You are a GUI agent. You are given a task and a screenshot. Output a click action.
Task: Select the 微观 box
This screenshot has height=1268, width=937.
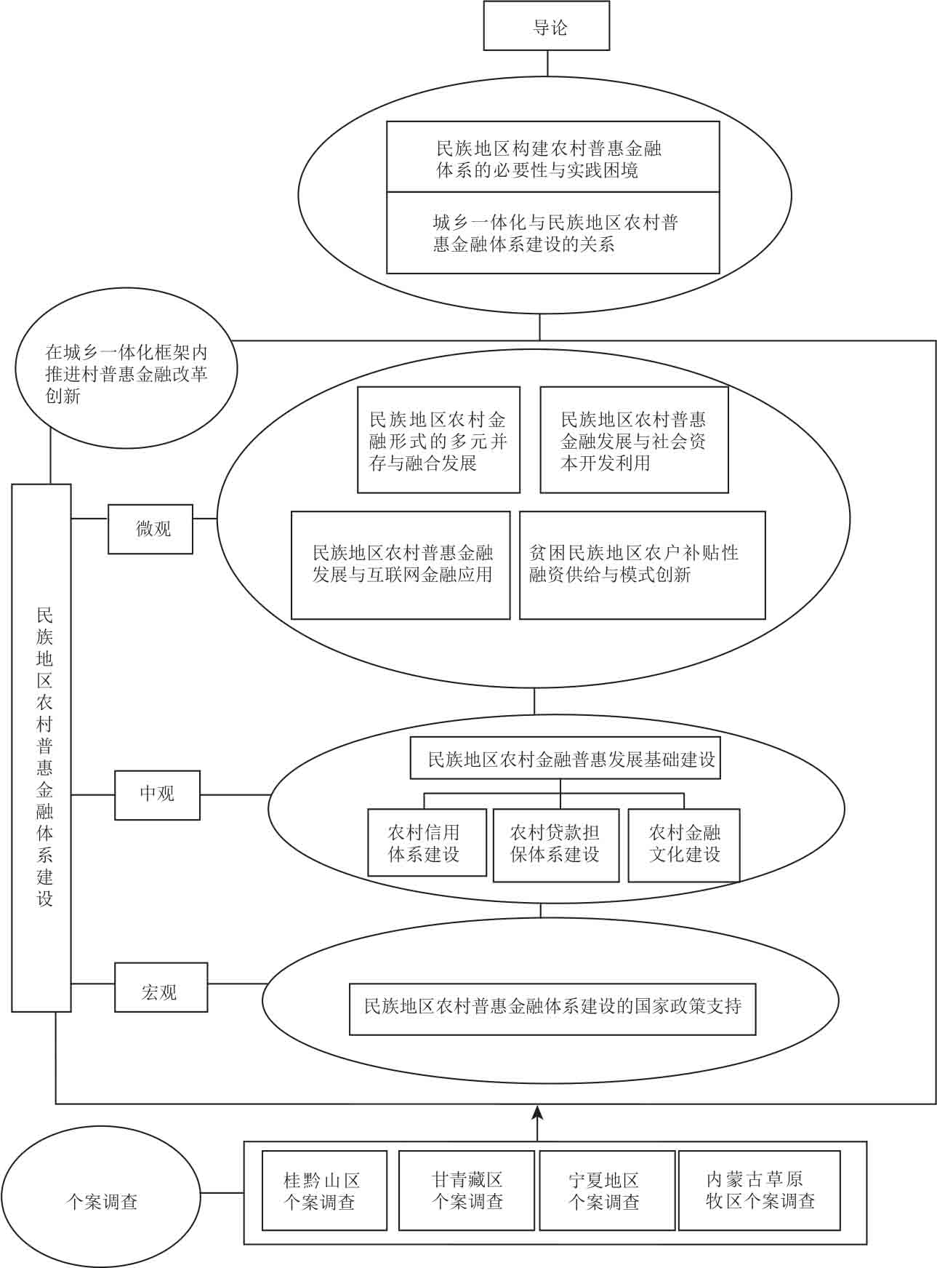point(150,529)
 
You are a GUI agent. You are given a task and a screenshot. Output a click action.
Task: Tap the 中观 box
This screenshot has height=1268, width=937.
point(157,795)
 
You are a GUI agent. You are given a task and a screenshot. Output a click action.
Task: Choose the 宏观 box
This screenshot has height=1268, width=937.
point(161,987)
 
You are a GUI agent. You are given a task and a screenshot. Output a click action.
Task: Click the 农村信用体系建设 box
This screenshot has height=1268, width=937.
point(427,842)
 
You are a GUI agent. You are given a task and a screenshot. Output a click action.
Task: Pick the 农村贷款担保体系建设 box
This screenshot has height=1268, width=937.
point(556,845)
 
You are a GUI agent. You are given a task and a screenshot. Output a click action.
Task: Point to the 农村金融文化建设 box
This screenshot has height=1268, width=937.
point(684,845)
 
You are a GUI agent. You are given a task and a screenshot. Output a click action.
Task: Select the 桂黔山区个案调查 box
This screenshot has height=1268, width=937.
point(324,1190)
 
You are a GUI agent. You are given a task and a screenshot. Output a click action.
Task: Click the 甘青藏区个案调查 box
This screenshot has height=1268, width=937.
point(467,1190)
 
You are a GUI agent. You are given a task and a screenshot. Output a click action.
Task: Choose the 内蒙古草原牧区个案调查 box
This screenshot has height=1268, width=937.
point(760,1190)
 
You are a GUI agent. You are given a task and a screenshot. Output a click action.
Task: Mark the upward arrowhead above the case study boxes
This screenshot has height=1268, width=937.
point(537,1112)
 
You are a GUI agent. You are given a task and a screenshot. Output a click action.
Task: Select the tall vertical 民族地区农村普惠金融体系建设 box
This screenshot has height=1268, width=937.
point(41,748)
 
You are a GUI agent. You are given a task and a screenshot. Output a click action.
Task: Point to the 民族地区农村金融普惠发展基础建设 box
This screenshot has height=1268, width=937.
point(566,759)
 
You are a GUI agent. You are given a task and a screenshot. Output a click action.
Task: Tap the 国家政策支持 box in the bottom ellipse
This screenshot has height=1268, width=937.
point(552,1009)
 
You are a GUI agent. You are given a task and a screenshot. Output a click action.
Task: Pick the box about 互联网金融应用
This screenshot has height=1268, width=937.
point(401,565)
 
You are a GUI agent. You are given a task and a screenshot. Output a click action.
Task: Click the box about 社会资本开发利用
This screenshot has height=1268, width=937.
point(634,440)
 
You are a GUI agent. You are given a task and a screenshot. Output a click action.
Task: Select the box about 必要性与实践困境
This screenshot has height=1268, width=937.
point(552,157)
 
